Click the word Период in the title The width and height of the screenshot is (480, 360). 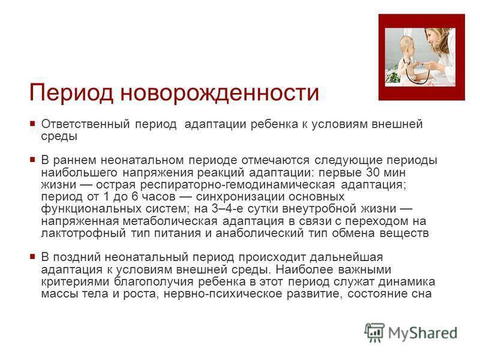click(71, 92)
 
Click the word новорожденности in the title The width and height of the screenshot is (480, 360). click(220, 92)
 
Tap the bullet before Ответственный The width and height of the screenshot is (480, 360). click(33, 124)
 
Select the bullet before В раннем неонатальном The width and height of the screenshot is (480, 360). click(33, 160)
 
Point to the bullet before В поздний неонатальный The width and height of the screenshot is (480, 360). click(33, 257)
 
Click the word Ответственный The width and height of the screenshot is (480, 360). click(85, 124)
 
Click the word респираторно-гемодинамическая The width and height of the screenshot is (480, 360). click(238, 185)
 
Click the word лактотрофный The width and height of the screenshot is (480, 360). click(83, 233)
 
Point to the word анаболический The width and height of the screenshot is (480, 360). click(260, 233)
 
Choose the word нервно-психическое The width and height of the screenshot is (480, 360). click(223, 294)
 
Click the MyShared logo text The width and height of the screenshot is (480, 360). click(423, 333)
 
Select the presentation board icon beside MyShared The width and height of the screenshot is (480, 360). click(374, 332)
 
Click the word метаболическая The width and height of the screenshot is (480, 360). click(170, 221)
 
